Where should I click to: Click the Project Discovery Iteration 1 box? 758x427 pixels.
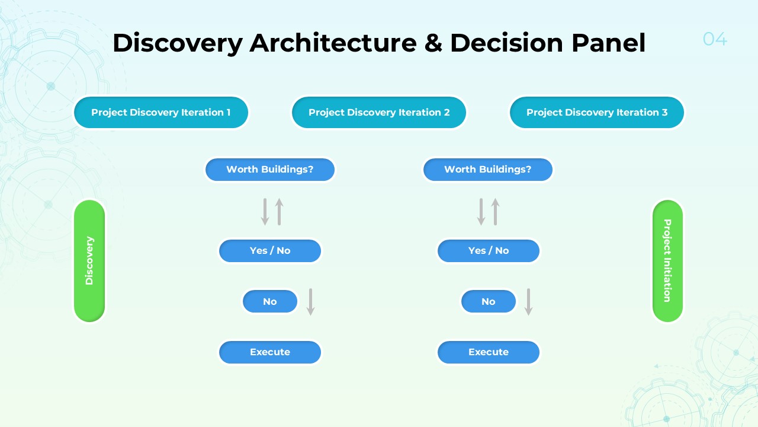tap(160, 113)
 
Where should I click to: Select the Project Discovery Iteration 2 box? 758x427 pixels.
tap(379, 113)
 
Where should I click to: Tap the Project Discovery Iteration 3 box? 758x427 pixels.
tap(596, 113)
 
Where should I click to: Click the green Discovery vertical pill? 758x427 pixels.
tap(89, 261)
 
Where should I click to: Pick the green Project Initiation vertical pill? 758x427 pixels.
tap(667, 261)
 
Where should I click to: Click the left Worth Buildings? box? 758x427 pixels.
tap(269, 170)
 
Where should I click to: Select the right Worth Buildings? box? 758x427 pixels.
tap(487, 170)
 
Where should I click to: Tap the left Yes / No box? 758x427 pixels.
tap(270, 251)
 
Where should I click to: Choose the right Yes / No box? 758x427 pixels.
tap(489, 251)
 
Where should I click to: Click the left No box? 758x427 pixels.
tap(270, 302)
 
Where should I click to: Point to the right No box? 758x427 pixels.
tap(489, 302)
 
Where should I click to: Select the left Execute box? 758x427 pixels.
tap(270, 352)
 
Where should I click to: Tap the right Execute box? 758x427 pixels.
tap(489, 352)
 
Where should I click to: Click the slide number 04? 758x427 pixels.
tap(715, 40)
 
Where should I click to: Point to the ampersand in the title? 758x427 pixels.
tap(433, 43)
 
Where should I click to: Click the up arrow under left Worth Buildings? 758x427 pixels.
tap(280, 212)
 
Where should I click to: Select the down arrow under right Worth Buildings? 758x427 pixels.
tap(481, 212)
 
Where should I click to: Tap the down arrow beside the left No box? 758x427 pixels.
tap(310, 302)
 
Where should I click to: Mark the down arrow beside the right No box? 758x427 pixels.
tap(529, 302)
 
